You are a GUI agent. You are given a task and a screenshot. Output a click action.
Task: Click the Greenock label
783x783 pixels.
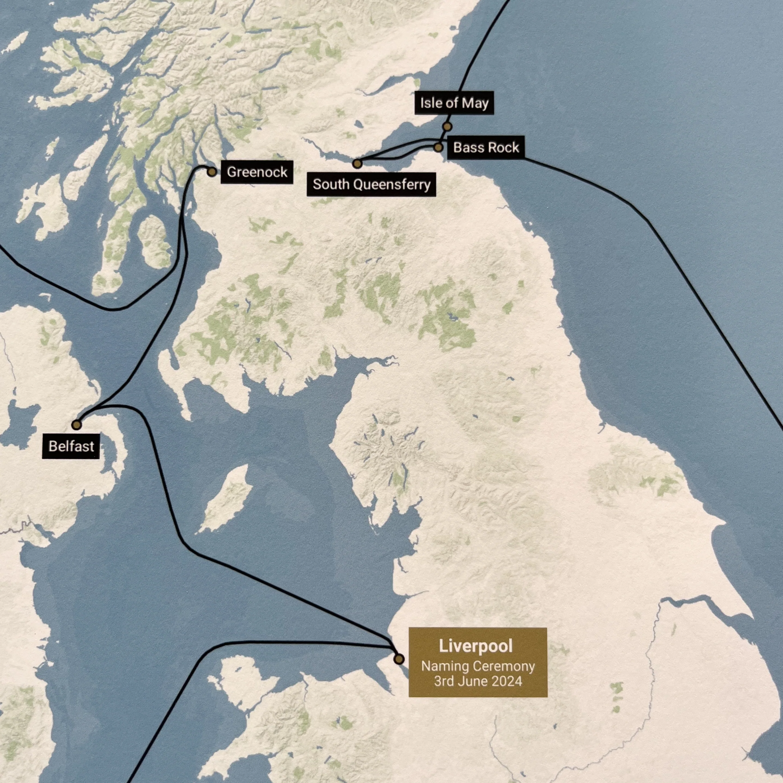tap(257, 172)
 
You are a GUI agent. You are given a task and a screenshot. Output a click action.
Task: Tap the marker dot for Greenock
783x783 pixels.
tap(212, 172)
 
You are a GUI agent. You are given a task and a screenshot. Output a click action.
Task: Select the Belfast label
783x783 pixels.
tap(71, 446)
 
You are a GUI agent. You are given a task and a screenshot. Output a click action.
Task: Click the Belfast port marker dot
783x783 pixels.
tap(76, 425)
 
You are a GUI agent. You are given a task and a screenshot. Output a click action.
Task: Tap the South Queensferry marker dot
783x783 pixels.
tap(357, 164)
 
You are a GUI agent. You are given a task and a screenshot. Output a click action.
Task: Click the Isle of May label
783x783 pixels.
tap(454, 103)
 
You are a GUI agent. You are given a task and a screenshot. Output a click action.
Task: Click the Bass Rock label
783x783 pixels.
tap(486, 148)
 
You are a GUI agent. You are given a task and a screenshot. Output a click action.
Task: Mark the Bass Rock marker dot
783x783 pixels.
tap(438, 147)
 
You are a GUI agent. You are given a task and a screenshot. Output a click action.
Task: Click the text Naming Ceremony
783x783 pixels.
tap(478, 666)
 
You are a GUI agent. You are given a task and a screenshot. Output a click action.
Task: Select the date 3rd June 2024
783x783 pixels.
tap(478, 681)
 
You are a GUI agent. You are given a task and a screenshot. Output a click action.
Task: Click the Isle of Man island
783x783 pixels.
tap(227, 500)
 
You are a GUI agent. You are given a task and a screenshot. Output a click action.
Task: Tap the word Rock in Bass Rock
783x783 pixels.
tap(504, 148)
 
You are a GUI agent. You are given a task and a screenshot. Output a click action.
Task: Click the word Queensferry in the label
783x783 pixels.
tap(392, 185)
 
